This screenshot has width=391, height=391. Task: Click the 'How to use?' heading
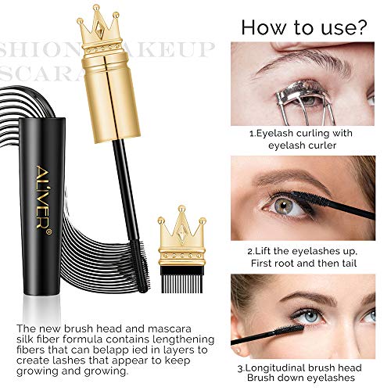coord(303,27)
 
